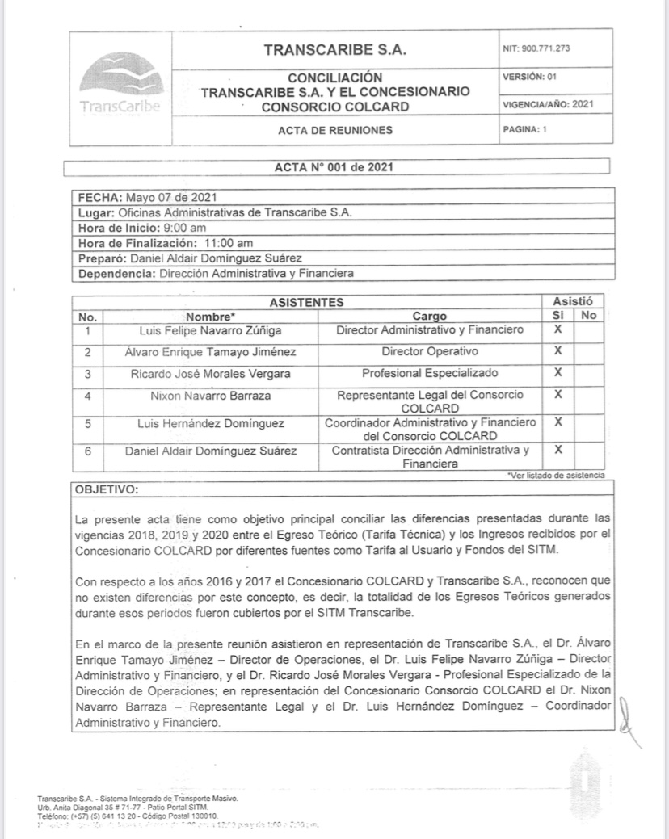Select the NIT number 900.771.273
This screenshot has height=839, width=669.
tap(547, 48)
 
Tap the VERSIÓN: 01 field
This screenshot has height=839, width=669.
tap(529, 77)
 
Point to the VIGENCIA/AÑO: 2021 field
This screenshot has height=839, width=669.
tap(549, 104)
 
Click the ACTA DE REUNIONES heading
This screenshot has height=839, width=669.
tap(335, 130)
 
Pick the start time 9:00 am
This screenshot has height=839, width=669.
tap(184, 229)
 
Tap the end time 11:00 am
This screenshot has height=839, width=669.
tap(228, 243)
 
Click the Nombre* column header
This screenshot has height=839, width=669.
tap(210, 317)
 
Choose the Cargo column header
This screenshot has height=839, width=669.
tap(429, 317)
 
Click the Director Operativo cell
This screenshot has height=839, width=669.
tap(430, 352)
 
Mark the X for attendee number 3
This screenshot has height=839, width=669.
tap(557, 373)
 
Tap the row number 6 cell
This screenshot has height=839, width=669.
tap(87, 450)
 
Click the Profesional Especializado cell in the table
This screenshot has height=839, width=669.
tap(430, 374)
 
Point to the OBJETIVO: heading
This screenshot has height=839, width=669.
tap(107, 489)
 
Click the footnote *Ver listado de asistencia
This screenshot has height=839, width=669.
tap(555, 475)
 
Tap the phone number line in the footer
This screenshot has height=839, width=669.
tap(116, 816)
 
